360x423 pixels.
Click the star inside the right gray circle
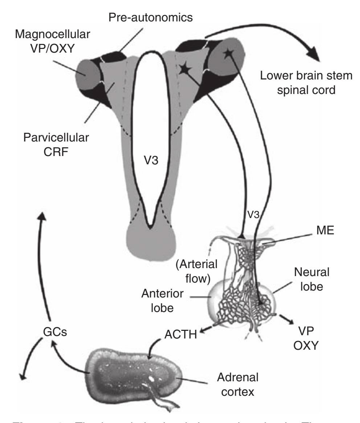click(227, 53)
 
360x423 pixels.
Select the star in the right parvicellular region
click(186, 68)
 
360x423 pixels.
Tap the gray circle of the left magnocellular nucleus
click(86, 72)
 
